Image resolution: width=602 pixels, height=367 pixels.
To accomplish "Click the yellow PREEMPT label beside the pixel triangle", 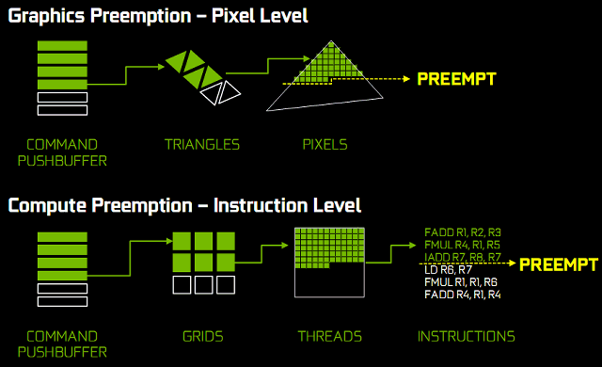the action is pos(456,79).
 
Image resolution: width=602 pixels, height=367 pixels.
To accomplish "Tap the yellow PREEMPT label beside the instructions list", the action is pos(559,264).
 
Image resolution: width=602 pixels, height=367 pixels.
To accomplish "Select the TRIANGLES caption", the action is pos(202,145).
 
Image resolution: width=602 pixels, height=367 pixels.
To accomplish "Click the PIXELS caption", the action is pos(325,145).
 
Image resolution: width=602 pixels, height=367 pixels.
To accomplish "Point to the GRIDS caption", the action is pos(203,337).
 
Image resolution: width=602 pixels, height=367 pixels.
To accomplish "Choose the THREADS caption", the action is pos(330,337).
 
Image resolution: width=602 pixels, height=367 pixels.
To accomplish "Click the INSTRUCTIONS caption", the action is pos(467,337).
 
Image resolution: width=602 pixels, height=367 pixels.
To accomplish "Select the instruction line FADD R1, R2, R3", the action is pos(463,232).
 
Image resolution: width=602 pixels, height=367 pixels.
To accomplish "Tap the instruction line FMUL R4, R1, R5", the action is pos(462,245).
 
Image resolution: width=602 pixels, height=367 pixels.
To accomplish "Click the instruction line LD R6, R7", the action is pos(448,270).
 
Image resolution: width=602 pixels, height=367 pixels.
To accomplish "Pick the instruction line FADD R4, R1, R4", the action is pos(463,295).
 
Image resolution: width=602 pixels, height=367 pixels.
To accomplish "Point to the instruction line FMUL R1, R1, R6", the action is pos(461,282).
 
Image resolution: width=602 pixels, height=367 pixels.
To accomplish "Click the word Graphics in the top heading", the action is pos(46,17).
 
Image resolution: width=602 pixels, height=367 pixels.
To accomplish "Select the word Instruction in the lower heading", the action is pos(261,205).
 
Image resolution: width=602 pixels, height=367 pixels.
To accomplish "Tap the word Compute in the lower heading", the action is pos(47,206).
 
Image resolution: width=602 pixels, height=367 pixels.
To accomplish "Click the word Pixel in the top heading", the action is pos(232,16).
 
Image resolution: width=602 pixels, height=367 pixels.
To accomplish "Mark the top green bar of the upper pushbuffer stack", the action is pos(62,46).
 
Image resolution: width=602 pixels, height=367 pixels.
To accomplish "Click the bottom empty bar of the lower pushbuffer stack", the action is pos(62,301).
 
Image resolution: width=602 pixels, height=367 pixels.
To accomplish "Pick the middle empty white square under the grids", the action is pos(203,285).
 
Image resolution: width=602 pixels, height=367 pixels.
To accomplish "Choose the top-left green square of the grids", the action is pos(182,241).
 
